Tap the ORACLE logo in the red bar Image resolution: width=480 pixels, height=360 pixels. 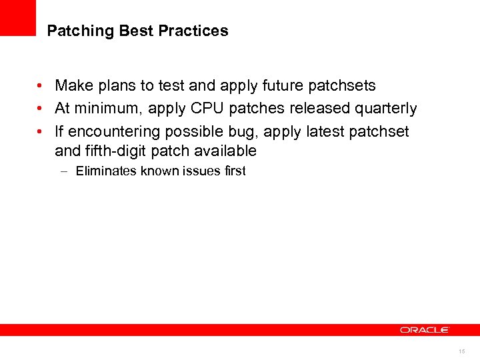point(425,330)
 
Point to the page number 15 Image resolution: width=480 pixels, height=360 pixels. point(461,351)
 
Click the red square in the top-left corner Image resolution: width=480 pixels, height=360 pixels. point(17,17)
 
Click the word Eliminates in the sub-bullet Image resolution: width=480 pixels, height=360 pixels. point(103,171)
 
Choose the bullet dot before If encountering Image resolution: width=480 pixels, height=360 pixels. point(41,132)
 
